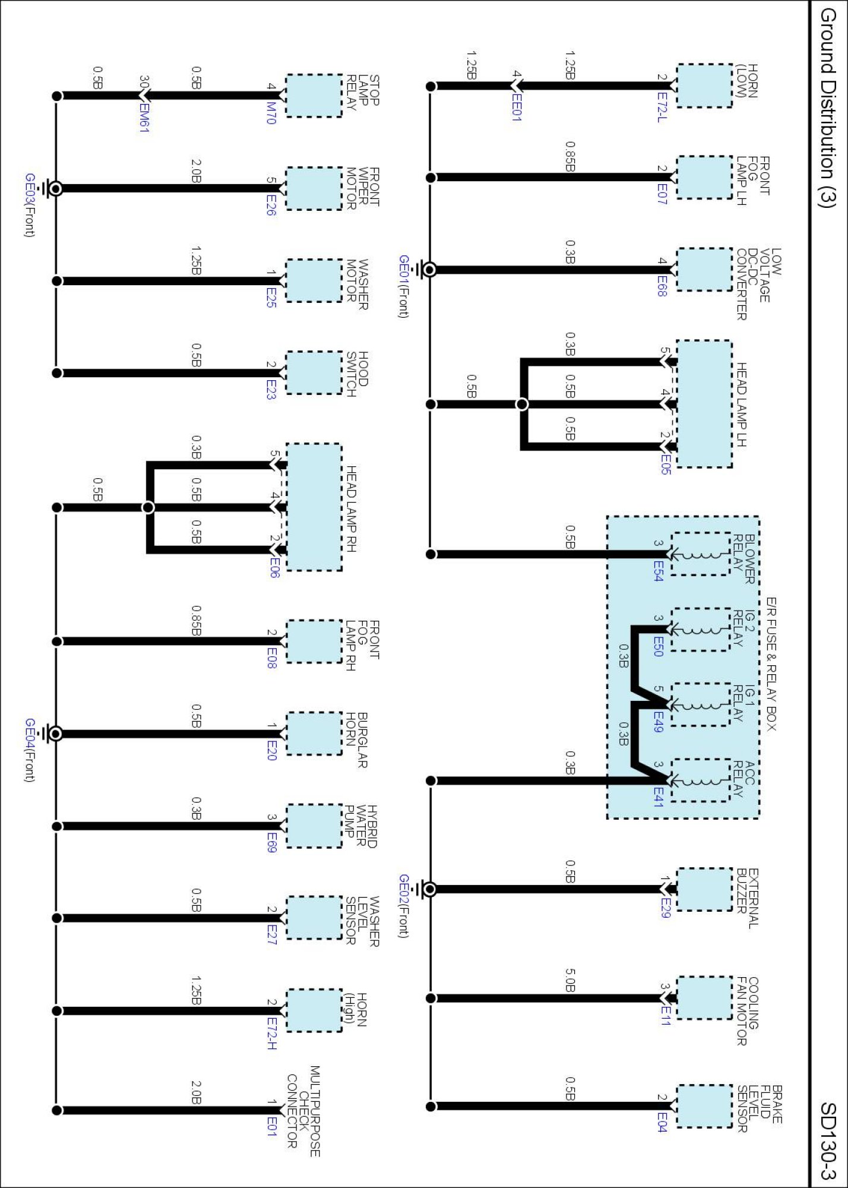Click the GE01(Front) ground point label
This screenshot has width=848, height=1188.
(x=404, y=286)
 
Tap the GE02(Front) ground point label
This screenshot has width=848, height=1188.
(x=404, y=905)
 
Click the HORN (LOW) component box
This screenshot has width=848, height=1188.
(x=704, y=86)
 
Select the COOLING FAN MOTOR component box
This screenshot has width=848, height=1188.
(x=704, y=998)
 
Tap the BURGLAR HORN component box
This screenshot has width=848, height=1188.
(x=314, y=734)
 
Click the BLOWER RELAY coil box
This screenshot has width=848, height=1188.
(x=700, y=554)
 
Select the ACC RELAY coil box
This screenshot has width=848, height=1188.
(x=700, y=780)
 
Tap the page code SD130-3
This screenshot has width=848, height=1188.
(x=828, y=1140)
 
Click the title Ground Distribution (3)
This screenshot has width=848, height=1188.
(x=828, y=107)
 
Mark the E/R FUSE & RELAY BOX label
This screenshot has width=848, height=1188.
(x=771, y=664)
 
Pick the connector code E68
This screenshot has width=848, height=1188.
(x=662, y=286)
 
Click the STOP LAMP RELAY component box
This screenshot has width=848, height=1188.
(x=314, y=96)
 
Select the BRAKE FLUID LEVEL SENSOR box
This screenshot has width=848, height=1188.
(x=704, y=1106)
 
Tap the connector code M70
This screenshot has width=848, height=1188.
(x=271, y=113)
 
